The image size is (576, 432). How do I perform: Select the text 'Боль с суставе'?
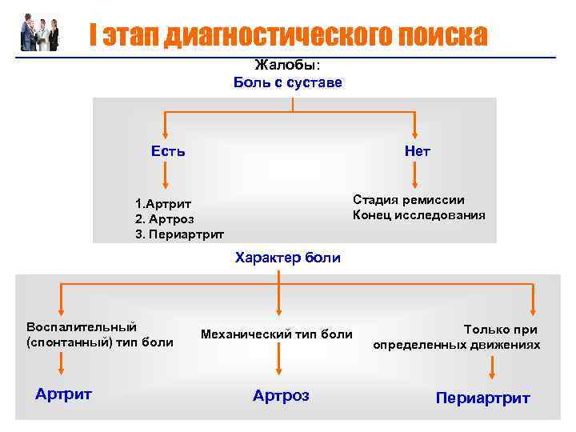pyautogui.click(x=288, y=82)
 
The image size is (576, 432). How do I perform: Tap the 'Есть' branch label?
pyautogui.click(x=168, y=150)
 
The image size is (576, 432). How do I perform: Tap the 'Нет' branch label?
pyautogui.click(x=417, y=151)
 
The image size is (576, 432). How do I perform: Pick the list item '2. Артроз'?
pyautogui.click(x=165, y=218)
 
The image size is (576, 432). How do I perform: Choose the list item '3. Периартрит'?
pyautogui.click(x=179, y=234)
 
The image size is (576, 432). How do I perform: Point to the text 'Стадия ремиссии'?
pyautogui.click(x=408, y=200)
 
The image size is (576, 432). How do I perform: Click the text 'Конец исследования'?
pyautogui.click(x=418, y=215)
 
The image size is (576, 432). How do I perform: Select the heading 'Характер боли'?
pyautogui.click(x=287, y=258)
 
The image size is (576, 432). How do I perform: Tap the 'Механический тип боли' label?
pyautogui.click(x=277, y=334)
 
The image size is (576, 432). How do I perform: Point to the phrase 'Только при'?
pyautogui.click(x=500, y=329)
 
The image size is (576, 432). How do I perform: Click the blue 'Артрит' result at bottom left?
pyautogui.click(x=64, y=394)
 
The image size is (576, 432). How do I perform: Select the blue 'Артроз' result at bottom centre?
pyautogui.click(x=281, y=395)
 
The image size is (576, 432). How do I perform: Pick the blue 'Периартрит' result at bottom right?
pyautogui.click(x=482, y=398)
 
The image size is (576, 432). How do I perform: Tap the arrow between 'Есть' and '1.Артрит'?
pyautogui.click(x=166, y=174)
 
